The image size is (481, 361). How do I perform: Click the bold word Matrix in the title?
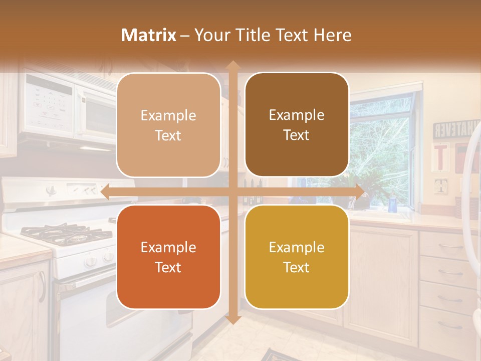pyautogui.click(x=149, y=35)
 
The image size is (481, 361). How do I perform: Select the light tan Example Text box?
pyautogui.click(x=168, y=125)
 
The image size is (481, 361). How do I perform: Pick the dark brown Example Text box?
pyautogui.click(x=297, y=125)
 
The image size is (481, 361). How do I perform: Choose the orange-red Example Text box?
pyautogui.click(x=168, y=257)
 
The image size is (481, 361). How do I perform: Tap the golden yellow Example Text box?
pyautogui.click(x=297, y=257)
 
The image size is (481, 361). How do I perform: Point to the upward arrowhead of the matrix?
pyautogui.click(x=232, y=66)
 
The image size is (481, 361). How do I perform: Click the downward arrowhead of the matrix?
pyautogui.click(x=232, y=319)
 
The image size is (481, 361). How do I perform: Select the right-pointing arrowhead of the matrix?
pyautogui.click(x=359, y=192)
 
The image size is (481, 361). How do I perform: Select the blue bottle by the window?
pyautogui.click(x=392, y=205)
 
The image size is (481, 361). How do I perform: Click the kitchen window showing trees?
pyautogui.click(x=381, y=145)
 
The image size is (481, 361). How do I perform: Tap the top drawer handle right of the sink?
pyautogui.click(x=449, y=246)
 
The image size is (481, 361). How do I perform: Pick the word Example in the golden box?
pyautogui.click(x=297, y=247)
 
